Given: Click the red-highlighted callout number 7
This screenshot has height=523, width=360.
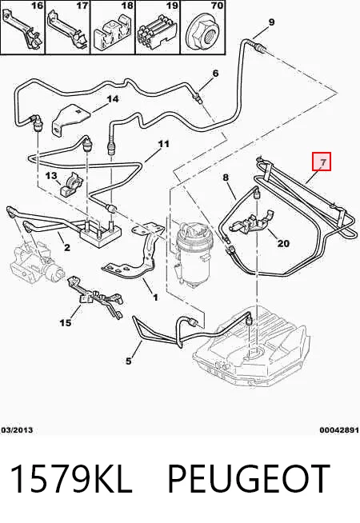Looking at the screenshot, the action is [x=322, y=163].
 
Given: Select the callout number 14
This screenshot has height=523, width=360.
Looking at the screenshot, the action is [x=112, y=99].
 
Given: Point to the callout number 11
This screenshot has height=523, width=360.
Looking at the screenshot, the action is [x=163, y=144].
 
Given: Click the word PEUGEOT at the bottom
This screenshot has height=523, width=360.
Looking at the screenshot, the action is [x=248, y=478].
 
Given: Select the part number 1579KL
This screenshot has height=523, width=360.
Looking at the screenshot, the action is [x=71, y=478].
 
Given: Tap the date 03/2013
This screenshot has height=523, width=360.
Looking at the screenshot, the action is [x=17, y=430].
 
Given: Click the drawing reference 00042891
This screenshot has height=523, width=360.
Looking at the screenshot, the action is [x=339, y=430].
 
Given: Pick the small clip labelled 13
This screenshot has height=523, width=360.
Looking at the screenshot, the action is [x=70, y=186].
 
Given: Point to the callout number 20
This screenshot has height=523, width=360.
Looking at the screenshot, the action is [x=283, y=243].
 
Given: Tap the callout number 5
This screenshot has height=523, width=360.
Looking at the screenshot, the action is [x=129, y=361].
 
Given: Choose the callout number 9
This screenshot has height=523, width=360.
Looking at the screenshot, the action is [x=271, y=22].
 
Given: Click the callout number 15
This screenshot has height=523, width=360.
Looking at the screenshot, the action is [x=66, y=322].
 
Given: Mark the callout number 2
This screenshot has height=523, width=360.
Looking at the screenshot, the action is [x=67, y=247].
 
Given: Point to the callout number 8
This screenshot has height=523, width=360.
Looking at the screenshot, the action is [x=226, y=177].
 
